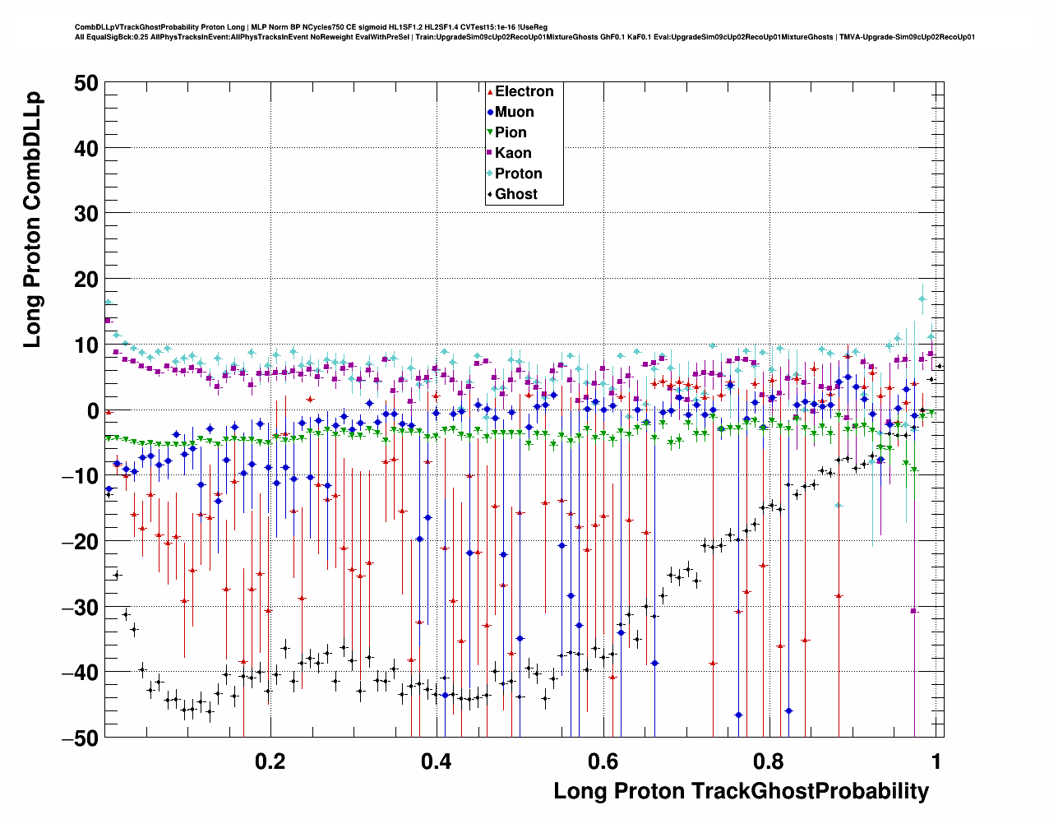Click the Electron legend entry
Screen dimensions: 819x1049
pyautogui.click(x=524, y=91)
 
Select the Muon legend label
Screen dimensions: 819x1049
pyautogui.click(x=514, y=112)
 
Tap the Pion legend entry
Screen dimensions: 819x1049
pyautogui.click(x=511, y=132)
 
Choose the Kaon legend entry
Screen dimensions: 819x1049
pyautogui.click(x=513, y=153)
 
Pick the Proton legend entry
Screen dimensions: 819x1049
pyautogui.click(x=518, y=174)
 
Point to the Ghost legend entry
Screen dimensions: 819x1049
pyautogui.click(x=515, y=194)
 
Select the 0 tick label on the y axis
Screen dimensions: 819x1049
pyautogui.click(x=92, y=410)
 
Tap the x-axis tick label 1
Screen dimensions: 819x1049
pyautogui.click(x=936, y=761)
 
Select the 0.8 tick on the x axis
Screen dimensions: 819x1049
pyautogui.click(x=769, y=761)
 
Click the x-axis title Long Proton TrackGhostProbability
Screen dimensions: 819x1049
pyautogui.click(x=741, y=791)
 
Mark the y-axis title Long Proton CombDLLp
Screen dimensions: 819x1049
pyautogui.click(x=32, y=220)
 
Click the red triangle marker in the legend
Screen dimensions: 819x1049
pyautogui.click(x=490, y=91)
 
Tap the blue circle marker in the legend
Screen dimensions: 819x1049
pyautogui.click(x=490, y=112)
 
